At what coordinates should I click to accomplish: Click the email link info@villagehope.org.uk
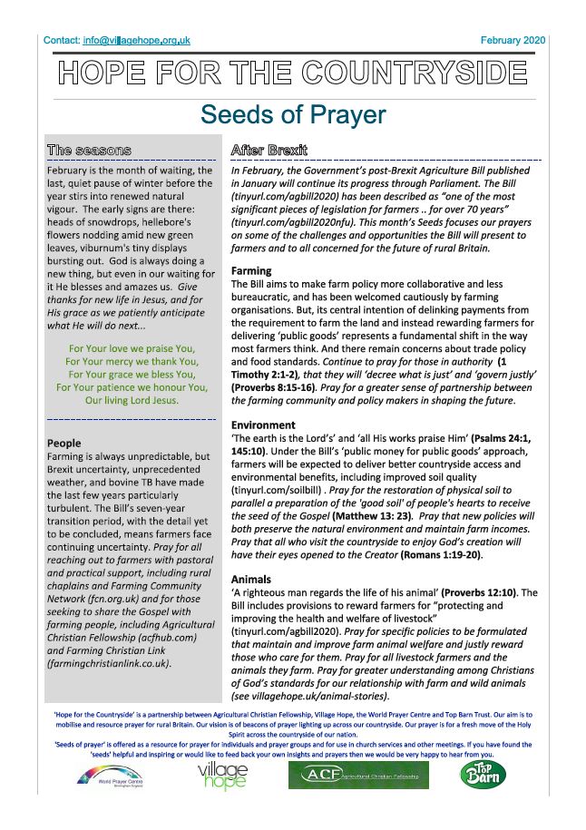tap(136, 40)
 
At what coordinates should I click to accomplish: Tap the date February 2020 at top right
tap(513, 40)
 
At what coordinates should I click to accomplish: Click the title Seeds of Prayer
tap(293, 115)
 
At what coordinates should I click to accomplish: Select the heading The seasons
tap(89, 150)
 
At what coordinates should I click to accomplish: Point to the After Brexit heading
tap(269, 150)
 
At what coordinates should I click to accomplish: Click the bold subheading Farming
tap(252, 270)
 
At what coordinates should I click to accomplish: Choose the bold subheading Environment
tap(264, 425)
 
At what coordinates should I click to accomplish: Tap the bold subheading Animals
tap(251, 579)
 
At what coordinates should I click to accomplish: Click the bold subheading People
tap(63, 443)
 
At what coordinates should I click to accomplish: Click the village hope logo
tap(222, 777)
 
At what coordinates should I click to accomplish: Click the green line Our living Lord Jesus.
tap(131, 399)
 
